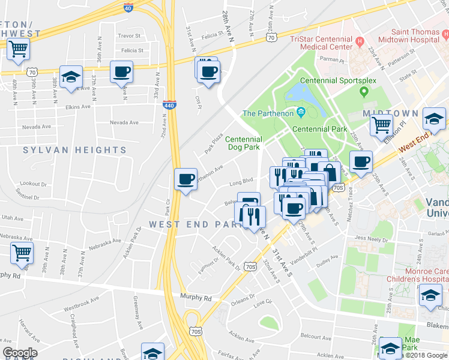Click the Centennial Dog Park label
tap(244, 143)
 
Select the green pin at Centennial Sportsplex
tap(363, 91)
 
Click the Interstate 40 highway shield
tap(128, 8)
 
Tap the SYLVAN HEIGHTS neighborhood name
tap(66, 150)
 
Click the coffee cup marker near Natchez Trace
tap(361, 162)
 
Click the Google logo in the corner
tap(19, 353)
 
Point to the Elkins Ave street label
tap(77, 107)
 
